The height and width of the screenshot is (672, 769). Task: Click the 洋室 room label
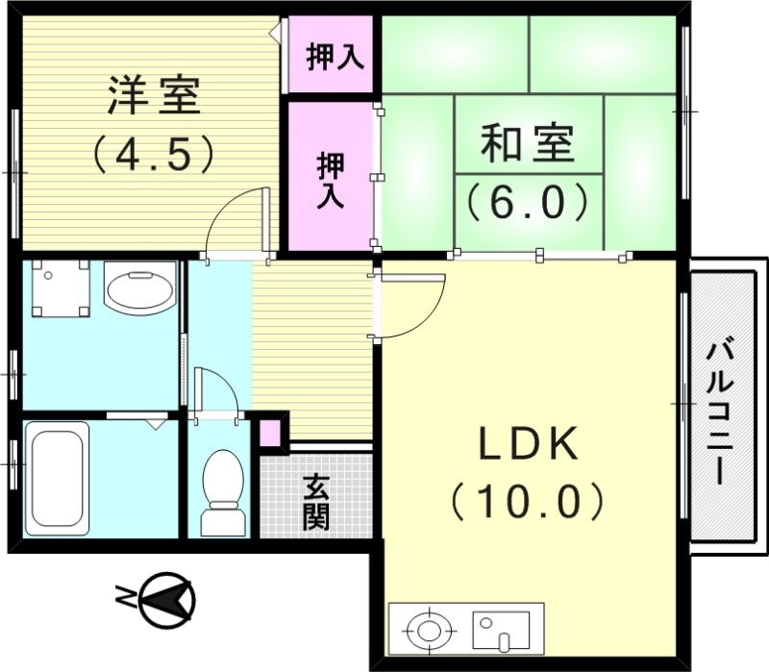pyautogui.click(x=153, y=96)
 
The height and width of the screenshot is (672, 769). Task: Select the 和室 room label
pyautogui.click(x=527, y=144)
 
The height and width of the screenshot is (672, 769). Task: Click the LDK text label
pyautogui.click(x=529, y=444)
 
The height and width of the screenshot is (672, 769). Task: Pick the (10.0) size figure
pyautogui.click(x=528, y=500)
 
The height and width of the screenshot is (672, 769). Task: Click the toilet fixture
pyautogui.click(x=223, y=490)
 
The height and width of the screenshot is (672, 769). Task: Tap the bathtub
pyautogui.click(x=57, y=475)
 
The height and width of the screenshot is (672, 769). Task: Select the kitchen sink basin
pyautogui.click(x=498, y=629)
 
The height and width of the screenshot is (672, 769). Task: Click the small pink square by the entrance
pyautogui.click(x=271, y=432)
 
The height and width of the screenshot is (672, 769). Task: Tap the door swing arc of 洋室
pyautogui.click(x=231, y=216)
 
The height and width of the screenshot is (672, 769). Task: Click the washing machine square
pyautogui.click(x=60, y=287)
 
